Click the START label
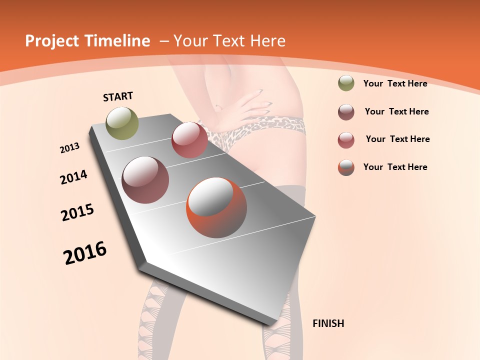[118, 96]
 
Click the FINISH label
[328, 323]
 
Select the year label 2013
[69, 147]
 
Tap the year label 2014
[73, 177]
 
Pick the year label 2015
[77, 212]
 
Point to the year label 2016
[85, 253]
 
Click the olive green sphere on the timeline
[122, 123]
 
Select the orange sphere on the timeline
[216, 207]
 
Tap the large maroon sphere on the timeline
[145, 180]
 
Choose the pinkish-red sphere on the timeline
[189, 140]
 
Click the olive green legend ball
[346, 83]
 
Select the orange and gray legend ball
[346, 167]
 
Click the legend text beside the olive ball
[395, 83]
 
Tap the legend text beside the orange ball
[395, 167]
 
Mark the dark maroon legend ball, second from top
[346, 112]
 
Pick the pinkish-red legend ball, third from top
[346, 140]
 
